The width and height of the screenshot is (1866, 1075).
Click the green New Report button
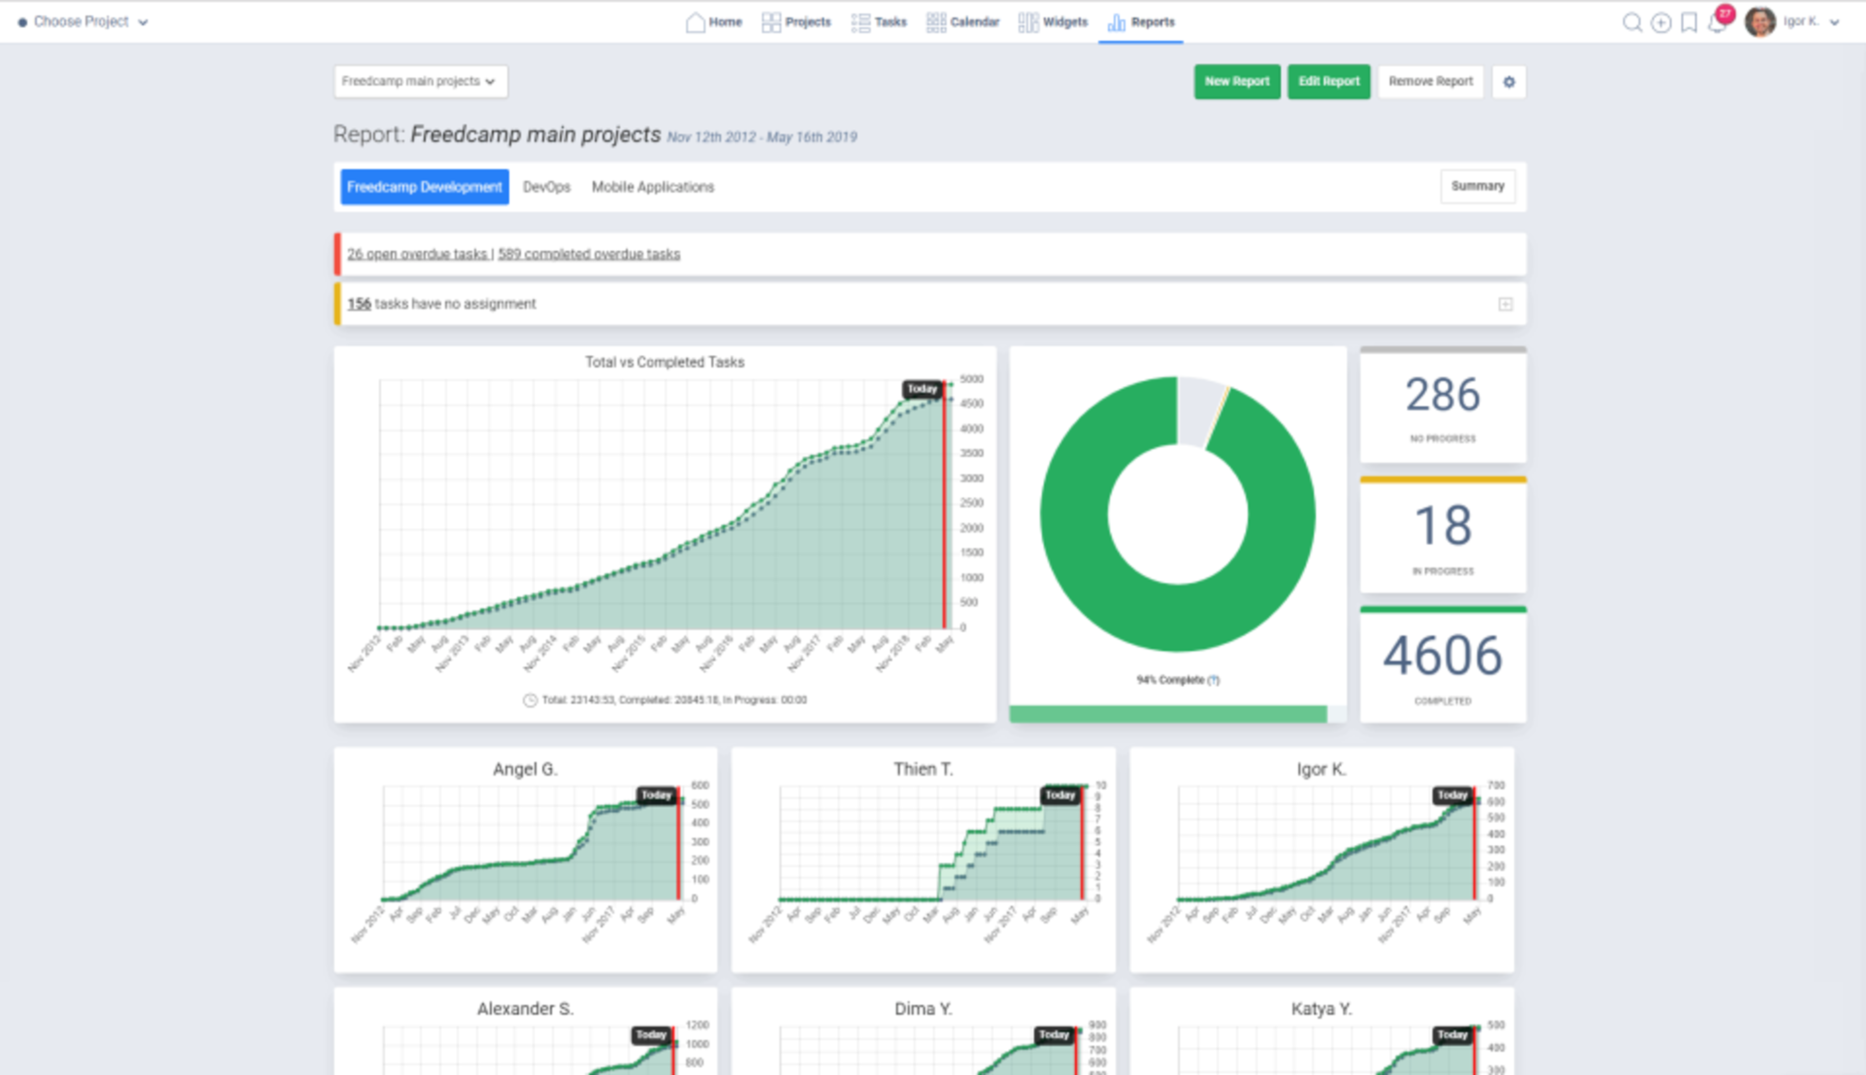tap(1236, 81)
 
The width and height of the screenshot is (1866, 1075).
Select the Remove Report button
tap(1430, 81)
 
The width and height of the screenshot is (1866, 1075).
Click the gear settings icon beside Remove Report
tap(1509, 82)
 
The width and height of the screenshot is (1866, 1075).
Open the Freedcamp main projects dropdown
tap(419, 81)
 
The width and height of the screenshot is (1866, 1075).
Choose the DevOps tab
tap(546, 187)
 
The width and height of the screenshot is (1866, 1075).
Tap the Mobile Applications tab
tap(653, 187)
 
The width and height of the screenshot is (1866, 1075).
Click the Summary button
tap(1477, 186)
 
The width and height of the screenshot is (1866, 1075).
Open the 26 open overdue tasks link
tap(417, 254)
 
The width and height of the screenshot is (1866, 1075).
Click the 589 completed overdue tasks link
tap(588, 254)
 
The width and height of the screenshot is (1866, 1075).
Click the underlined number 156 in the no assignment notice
tap(359, 303)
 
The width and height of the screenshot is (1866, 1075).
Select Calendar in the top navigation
tap(963, 22)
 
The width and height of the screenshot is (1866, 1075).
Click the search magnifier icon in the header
tap(1632, 22)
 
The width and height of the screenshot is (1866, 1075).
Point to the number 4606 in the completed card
tap(1442, 656)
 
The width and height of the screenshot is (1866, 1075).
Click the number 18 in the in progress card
tap(1442, 526)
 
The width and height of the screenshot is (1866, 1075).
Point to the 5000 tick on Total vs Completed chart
tap(971, 379)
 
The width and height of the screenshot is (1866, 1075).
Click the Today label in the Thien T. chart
tap(1060, 795)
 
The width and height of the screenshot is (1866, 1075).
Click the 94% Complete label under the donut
tap(1171, 680)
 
